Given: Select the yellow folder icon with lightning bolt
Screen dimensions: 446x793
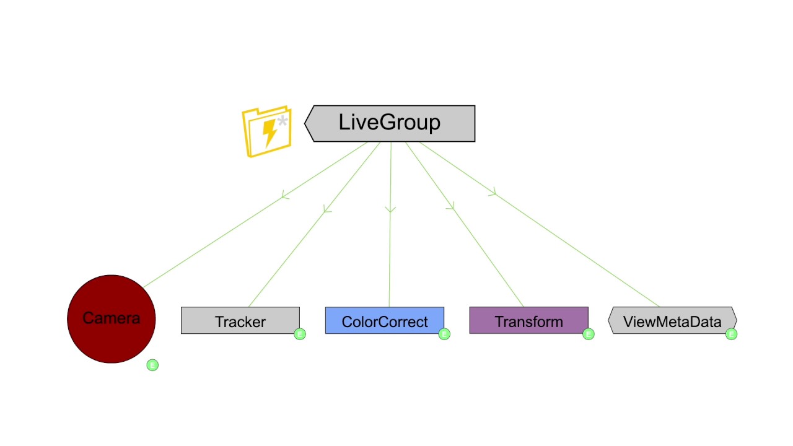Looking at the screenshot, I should click(x=266, y=131).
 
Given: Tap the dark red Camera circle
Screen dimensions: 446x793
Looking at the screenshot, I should click(x=112, y=318).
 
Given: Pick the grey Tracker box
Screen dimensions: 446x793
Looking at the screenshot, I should click(x=240, y=321).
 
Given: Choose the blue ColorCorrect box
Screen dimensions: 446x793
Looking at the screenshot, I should click(x=384, y=321).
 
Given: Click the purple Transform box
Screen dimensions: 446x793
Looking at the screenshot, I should click(x=528, y=321).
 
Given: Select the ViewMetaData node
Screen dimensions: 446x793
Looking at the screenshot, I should click(x=672, y=321).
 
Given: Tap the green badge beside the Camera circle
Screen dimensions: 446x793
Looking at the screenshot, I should click(x=152, y=365).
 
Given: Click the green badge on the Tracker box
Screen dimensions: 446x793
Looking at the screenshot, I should click(x=300, y=334).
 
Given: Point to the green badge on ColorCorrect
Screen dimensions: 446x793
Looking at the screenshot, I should click(x=444, y=334).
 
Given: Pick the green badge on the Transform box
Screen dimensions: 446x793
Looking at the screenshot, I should click(x=589, y=334).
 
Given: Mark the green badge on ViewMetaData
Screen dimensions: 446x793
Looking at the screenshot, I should click(x=732, y=334).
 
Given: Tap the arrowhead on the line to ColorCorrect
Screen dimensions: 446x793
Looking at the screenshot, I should click(x=390, y=209).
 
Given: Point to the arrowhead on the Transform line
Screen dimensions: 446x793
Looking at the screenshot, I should click(x=450, y=207).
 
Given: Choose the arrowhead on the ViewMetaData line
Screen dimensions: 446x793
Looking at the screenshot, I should click(x=493, y=193).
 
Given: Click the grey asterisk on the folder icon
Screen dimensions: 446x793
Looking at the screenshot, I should click(x=283, y=121).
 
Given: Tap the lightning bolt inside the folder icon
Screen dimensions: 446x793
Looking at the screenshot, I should click(x=269, y=132).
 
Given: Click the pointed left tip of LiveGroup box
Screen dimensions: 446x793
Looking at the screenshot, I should click(x=305, y=123).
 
